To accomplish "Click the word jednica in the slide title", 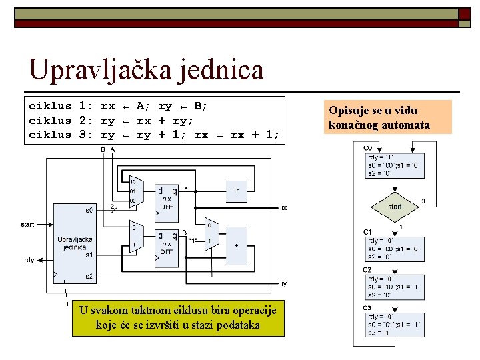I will coord(221,71).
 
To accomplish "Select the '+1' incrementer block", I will coord(236,191).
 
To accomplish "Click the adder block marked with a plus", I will coord(236,245).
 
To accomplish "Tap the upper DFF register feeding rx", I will coord(167,198).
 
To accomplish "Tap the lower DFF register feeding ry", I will coord(167,243).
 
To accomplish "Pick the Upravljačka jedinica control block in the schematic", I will coord(75,243).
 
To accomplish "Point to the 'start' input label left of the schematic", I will coord(27,225).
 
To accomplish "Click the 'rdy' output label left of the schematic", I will coord(29,260).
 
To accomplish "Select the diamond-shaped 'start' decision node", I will coord(395,207).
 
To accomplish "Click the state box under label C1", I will coord(394,249).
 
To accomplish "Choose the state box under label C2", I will coord(394,287).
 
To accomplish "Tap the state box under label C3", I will coord(394,325).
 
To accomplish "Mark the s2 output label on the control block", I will coord(89,277).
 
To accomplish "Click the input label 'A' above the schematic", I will coord(113,150).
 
